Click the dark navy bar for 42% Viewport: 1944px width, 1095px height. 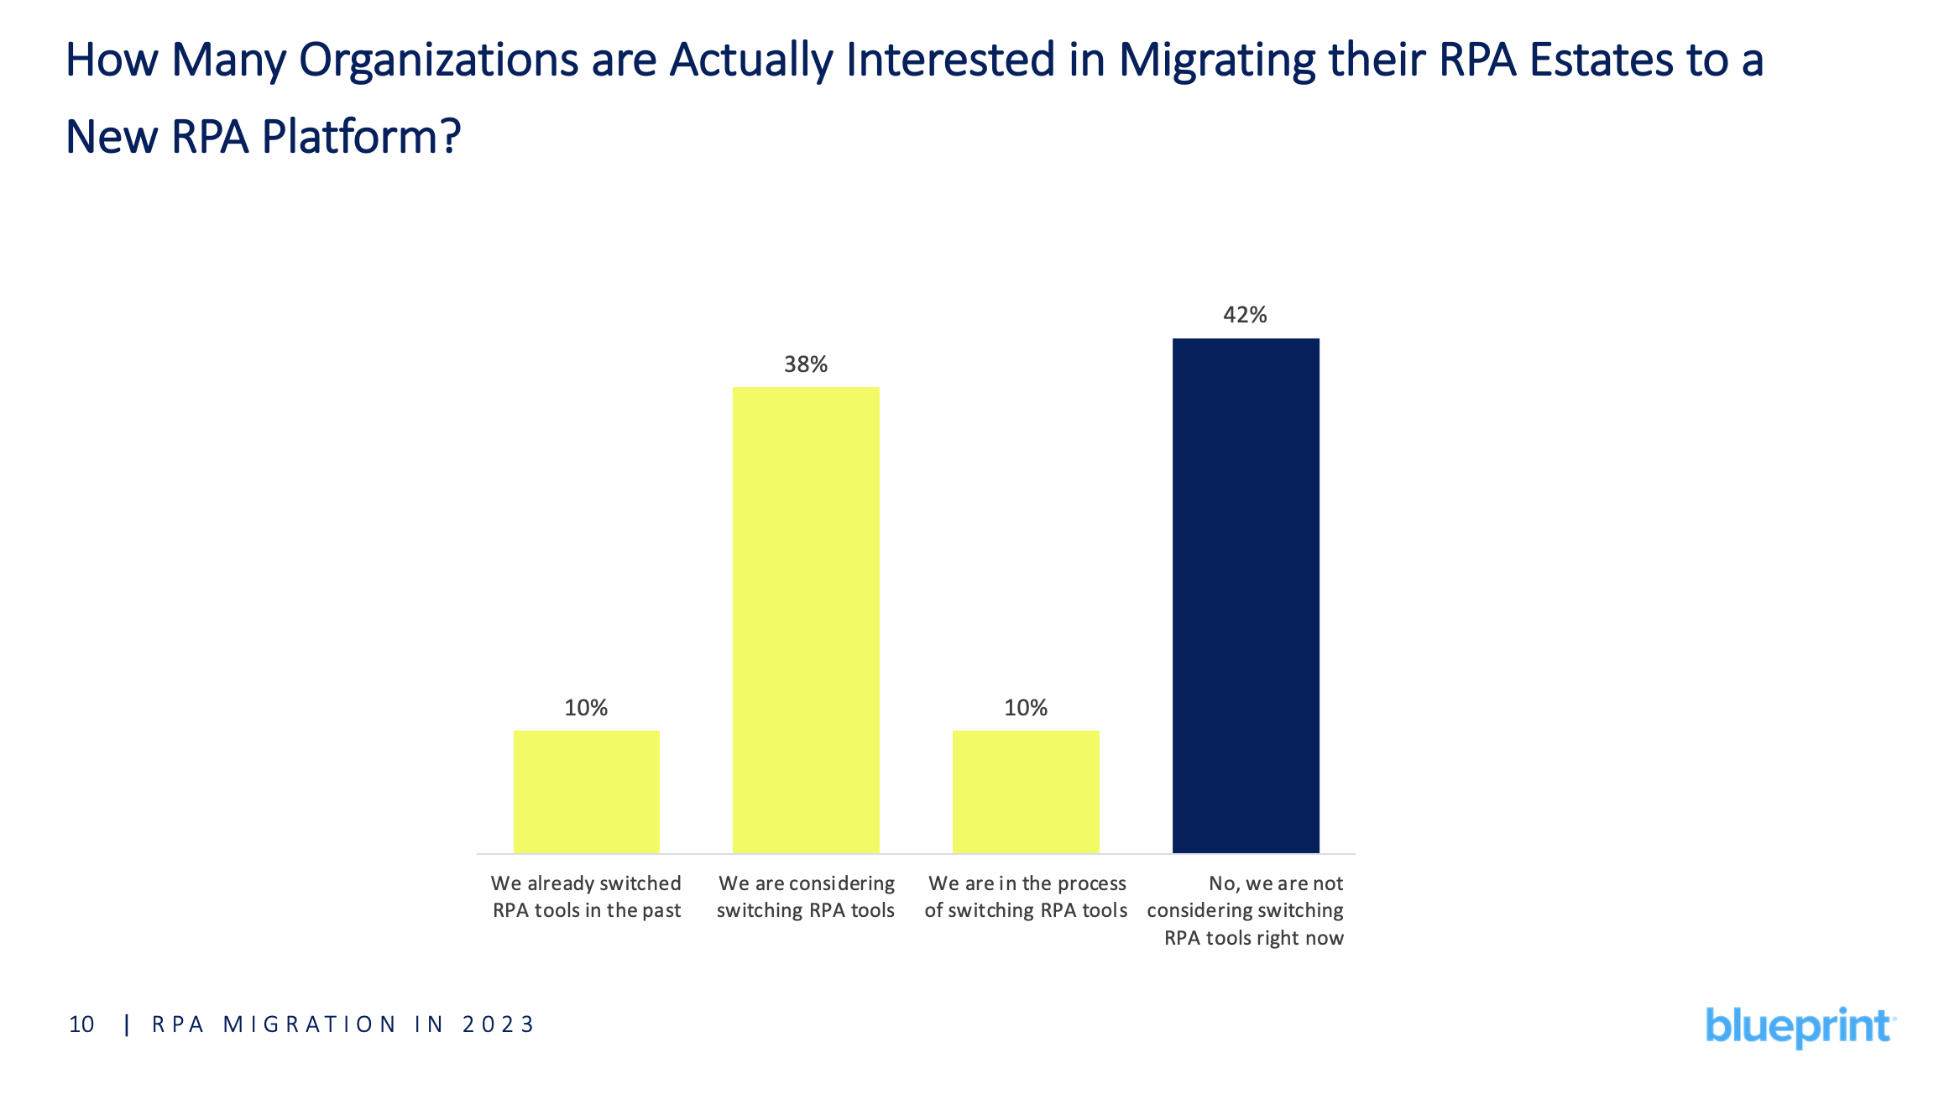coord(1246,595)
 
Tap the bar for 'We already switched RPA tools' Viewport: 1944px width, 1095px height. coord(586,791)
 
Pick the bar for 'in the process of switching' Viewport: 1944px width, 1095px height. coord(1026,791)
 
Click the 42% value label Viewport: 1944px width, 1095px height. coord(1245,315)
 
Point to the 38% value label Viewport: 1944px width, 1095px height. coord(806,364)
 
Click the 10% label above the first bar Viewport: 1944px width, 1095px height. coord(586,708)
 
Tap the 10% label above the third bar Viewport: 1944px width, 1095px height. coord(1026,708)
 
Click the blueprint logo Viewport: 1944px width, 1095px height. coord(1800,1026)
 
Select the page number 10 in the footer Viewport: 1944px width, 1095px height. coord(81,1024)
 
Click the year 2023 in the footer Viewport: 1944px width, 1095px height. coord(498,1024)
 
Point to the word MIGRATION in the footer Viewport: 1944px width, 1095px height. coord(309,1024)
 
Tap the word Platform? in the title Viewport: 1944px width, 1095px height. coord(361,137)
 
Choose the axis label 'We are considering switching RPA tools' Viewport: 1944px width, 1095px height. coord(806,897)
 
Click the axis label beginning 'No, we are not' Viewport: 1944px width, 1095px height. coord(1246,910)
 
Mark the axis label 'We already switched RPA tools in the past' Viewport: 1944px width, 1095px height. coord(586,897)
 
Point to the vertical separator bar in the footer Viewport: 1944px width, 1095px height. coord(127,1024)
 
